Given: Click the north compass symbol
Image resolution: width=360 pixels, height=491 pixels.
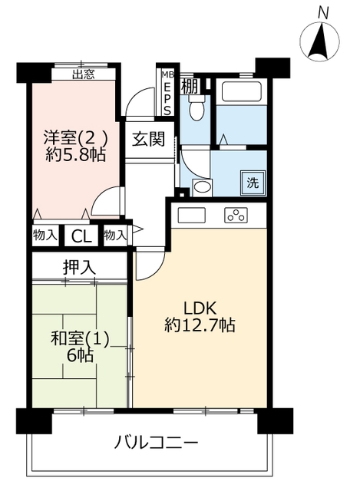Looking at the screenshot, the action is tap(319, 41).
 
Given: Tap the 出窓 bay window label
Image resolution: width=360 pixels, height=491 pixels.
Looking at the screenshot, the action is tap(84, 74).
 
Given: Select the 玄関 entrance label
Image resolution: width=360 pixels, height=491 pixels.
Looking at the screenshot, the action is tap(148, 139).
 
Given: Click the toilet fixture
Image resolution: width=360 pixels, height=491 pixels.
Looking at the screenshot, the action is tap(197, 107).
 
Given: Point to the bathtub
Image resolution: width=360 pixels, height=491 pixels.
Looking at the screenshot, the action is tap(241, 91).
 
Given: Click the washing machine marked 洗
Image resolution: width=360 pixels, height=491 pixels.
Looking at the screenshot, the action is tap(253, 183).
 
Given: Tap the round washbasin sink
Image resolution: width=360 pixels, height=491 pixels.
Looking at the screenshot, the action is tap(202, 187).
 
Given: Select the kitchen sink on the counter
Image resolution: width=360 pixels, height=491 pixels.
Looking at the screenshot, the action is tap(191, 215).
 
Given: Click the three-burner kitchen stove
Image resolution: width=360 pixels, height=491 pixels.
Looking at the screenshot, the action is tap(236, 215).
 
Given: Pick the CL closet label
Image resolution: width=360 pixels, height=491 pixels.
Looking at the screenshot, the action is tap(81, 236).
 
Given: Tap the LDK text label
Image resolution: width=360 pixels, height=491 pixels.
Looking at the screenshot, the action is tap(200, 308).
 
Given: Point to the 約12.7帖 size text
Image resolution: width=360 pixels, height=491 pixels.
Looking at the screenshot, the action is tap(200, 325).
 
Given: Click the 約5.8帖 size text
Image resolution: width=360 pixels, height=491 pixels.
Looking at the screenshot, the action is tap(75, 154).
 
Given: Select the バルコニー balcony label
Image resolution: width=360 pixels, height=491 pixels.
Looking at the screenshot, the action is tap(156, 443).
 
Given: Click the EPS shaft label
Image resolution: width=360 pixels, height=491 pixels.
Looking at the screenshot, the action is tap(167, 97).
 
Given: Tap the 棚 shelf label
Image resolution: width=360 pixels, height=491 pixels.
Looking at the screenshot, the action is tap(190, 87).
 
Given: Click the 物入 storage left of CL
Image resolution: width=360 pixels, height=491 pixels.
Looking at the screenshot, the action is tap(45, 235).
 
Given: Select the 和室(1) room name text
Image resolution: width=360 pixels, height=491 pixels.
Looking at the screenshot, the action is tap(80, 339).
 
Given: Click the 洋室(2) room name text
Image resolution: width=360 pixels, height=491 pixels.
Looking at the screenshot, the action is tap(76, 137).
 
